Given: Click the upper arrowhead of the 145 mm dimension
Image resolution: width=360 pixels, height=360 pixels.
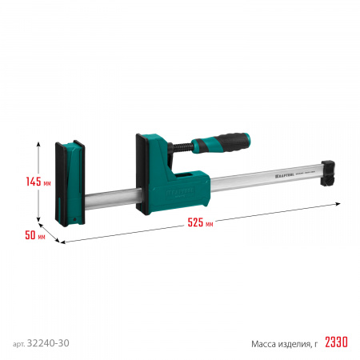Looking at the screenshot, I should (38, 141).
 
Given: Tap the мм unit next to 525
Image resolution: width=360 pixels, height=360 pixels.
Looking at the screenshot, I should (209, 225).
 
